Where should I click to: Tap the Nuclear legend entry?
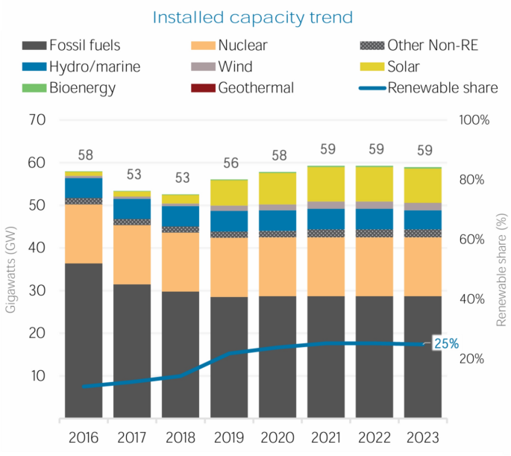(x=242, y=46)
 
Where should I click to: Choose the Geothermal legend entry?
(x=256, y=88)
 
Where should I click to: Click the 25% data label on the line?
(x=447, y=344)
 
